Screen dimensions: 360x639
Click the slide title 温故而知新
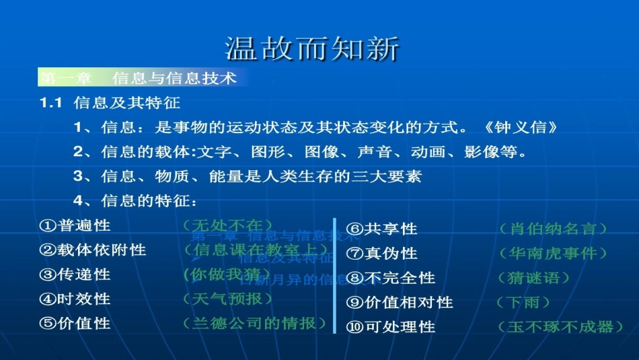pyautogui.click(x=312, y=48)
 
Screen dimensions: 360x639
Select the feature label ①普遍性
pyautogui.click(x=75, y=225)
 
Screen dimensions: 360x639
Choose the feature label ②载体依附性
pyautogui.click(x=93, y=250)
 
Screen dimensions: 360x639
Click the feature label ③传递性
pyautogui.click(x=75, y=275)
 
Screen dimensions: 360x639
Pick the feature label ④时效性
pyautogui.click(x=75, y=299)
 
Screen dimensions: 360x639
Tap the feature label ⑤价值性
pyautogui.click(x=75, y=324)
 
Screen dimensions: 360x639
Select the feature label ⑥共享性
pyautogui.click(x=381, y=229)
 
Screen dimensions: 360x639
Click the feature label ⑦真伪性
pyautogui.click(x=381, y=254)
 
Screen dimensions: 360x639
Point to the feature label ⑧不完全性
pyautogui.click(x=390, y=278)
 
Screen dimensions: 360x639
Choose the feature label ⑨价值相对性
pyautogui.click(x=400, y=303)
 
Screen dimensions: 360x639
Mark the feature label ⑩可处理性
pyautogui.click(x=390, y=327)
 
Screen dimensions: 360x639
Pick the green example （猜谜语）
pyautogui.click(x=534, y=278)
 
